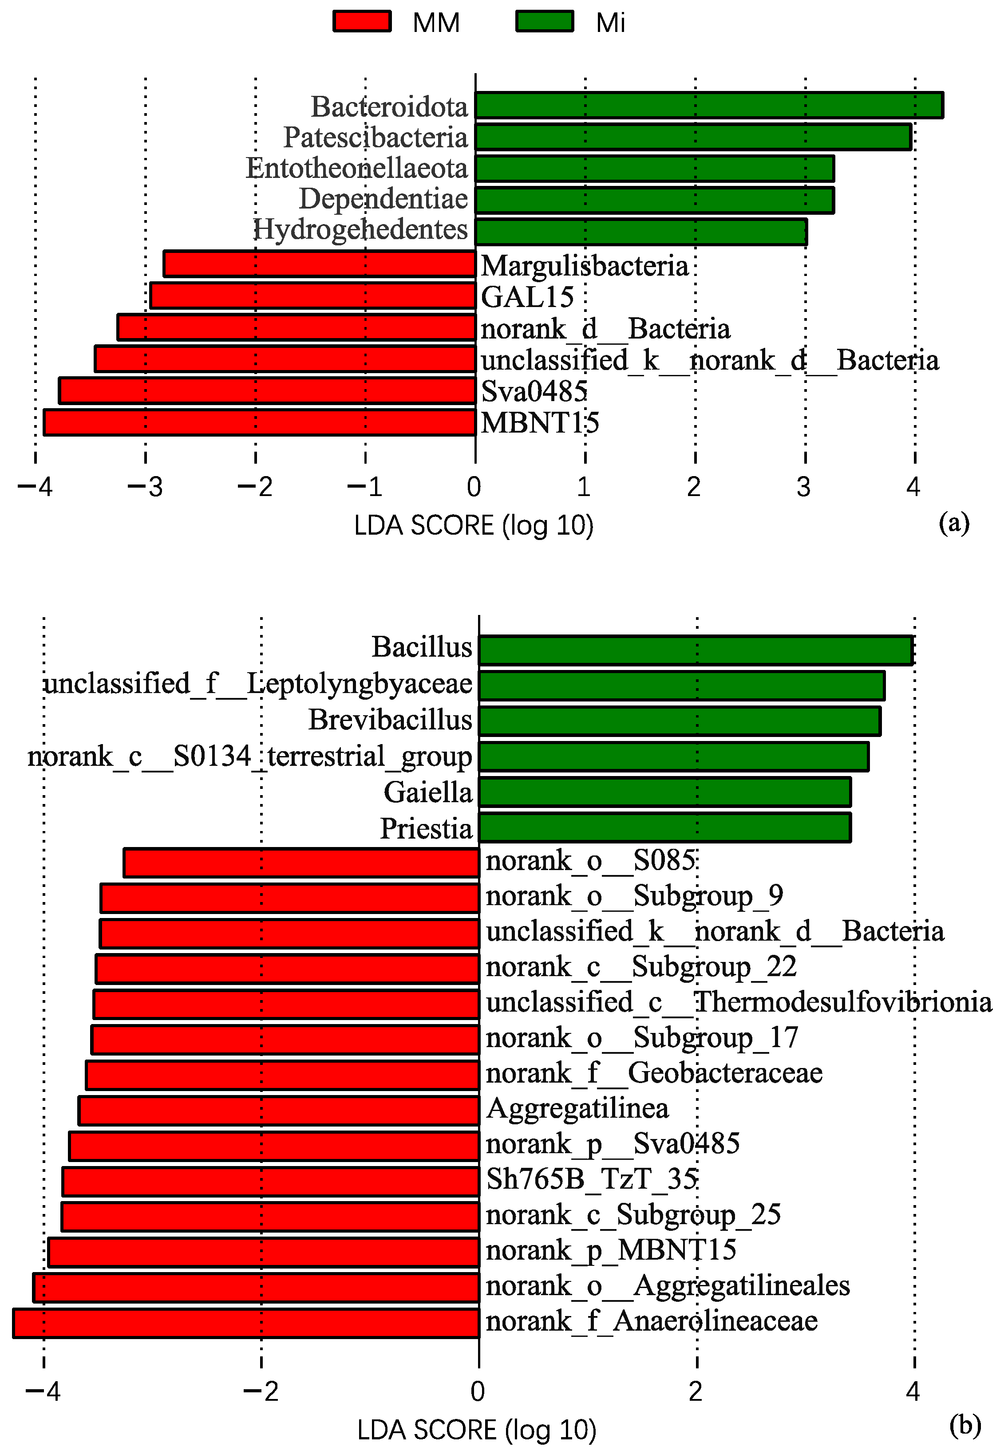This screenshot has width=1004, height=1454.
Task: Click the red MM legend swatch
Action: coord(362,21)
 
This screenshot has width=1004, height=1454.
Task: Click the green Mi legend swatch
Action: coord(545,21)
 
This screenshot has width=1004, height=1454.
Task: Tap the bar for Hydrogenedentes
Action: coord(641,232)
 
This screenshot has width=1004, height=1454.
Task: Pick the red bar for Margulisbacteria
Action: coord(320,264)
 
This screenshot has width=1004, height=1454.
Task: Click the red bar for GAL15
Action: coord(312,296)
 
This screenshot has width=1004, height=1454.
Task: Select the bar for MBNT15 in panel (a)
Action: coord(259,422)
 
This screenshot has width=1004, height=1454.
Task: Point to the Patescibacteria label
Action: coord(376,137)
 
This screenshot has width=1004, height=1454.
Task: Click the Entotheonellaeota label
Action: coord(357,168)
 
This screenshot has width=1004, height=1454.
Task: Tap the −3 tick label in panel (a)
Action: coord(145,486)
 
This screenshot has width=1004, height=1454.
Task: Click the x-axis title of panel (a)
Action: coord(474,526)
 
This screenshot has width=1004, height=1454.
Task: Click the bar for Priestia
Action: coord(665,827)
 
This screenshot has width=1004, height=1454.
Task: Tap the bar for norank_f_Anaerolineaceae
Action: coord(246,1323)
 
